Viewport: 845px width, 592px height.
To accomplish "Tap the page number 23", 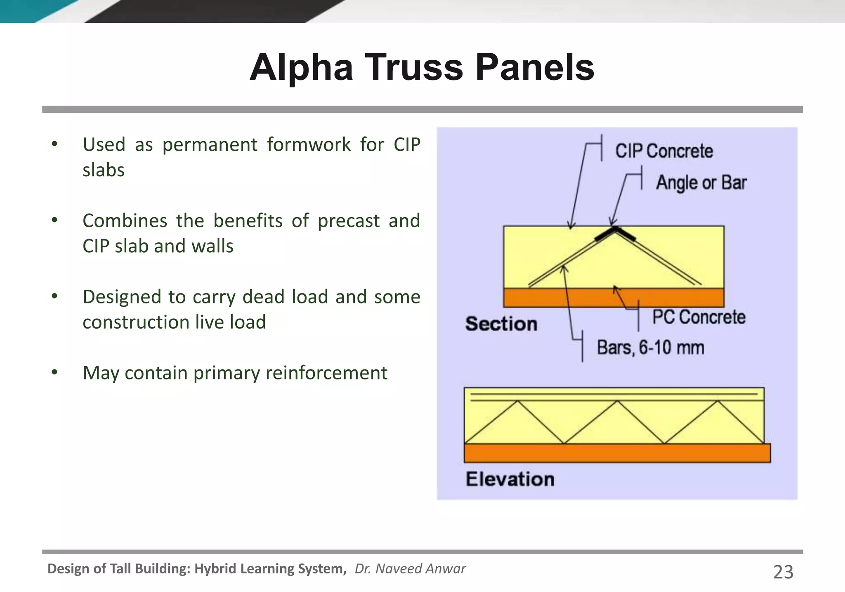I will point(783,572).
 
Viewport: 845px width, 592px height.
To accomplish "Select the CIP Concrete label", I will point(664,151).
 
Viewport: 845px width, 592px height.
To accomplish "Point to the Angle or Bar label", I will point(701,182).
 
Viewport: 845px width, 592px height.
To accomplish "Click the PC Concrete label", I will point(699,317).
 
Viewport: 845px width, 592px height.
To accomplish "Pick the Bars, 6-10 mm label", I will point(650,347).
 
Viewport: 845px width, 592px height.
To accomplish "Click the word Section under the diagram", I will point(501,324).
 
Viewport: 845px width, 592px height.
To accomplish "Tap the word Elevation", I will point(510,479).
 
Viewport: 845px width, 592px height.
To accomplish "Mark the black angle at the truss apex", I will point(615,233).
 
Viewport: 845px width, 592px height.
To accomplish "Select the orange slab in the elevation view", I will point(617,453).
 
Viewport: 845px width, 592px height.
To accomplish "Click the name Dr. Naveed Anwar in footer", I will point(410,568).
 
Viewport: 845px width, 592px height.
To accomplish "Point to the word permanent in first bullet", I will point(210,145).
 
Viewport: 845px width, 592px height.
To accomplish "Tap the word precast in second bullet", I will point(348,221).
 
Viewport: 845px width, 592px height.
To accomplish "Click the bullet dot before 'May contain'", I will point(54,372).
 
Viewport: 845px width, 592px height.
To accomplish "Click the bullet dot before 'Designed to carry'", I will point(54,296).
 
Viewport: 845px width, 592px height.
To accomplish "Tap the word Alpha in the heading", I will point(301,67).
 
